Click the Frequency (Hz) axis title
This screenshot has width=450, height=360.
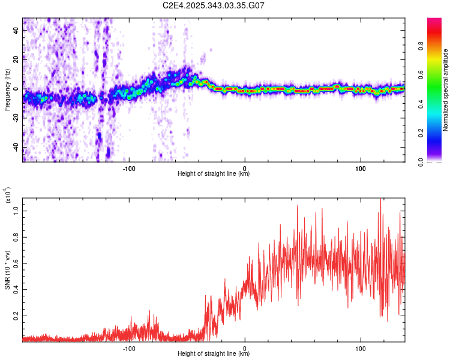(x=8, y=89)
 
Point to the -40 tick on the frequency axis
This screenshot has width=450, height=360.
(x=15, y=148)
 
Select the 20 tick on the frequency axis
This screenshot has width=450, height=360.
(x=16, y=59)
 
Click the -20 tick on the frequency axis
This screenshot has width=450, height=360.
(x=15, y=118)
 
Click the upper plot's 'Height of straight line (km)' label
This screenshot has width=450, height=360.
(x=214, y=174)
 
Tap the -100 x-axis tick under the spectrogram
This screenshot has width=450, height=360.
(x=129, y=169)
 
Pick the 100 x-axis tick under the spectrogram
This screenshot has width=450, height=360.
(x=361, y=169)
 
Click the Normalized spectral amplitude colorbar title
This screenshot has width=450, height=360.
(x=446, y=90)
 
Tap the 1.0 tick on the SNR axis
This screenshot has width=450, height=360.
(x=16, y=211)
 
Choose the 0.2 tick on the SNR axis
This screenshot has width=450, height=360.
(x=16, y=314)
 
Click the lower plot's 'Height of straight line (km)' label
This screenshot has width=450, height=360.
(x=214, y=353)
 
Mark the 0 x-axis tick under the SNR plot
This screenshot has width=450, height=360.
(x=245, y=348)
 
